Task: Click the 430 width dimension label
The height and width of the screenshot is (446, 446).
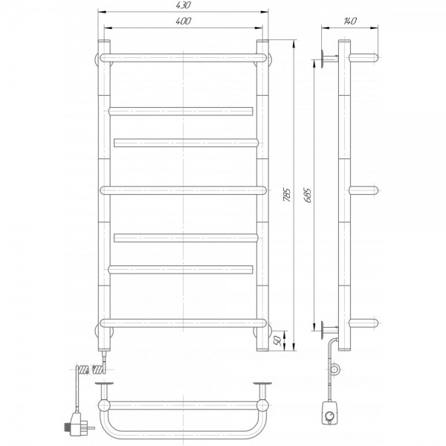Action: [183, 5]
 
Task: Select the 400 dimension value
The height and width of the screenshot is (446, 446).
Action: [183, 21]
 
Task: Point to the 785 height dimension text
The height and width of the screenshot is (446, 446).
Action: [287, 195]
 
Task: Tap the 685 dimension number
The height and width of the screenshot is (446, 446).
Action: [308, 195]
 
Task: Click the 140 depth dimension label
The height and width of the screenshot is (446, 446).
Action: [350, 21]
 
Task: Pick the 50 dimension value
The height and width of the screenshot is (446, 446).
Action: [278, 340]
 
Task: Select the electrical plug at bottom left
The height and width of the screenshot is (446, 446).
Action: [77, 424]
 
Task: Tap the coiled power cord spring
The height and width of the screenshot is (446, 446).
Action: [91, 369]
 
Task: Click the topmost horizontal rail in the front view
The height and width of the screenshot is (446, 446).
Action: [184, 58]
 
